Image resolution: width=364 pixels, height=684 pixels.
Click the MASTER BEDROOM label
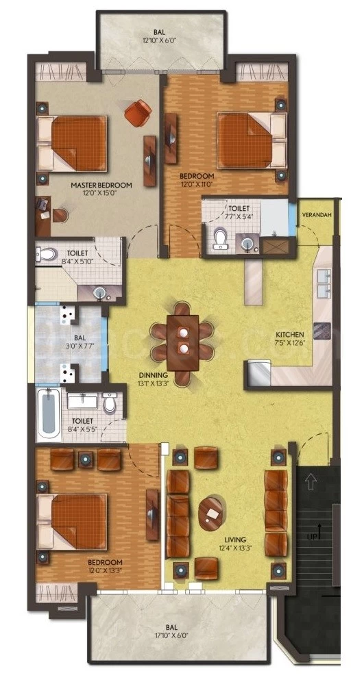(101, 186)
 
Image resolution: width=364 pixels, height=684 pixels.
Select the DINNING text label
(154, 375)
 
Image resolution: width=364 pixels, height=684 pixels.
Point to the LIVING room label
(236, 539)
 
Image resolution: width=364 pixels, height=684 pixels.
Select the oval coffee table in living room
(210, 514)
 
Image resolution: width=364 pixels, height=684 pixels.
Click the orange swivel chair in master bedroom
(138, 113)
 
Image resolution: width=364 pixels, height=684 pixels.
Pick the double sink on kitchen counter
(324, 283)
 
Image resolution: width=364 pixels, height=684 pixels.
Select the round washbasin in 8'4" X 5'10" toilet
(100, 293)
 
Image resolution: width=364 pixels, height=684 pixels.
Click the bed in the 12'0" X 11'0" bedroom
(252, 140)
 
